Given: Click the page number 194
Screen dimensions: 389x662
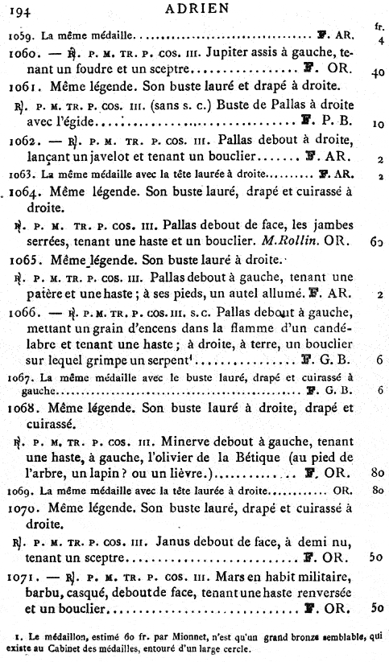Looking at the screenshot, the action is coord(22,10).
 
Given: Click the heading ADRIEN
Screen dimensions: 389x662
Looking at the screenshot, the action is coord(196,10).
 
